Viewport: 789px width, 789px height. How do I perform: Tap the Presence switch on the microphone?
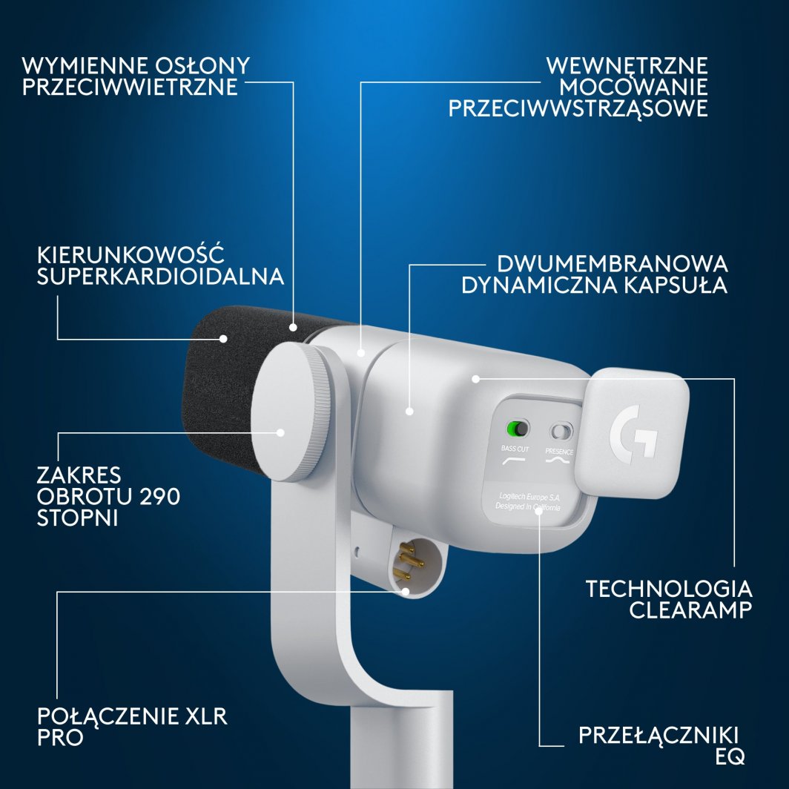pyautogui.click(x=561, y=431)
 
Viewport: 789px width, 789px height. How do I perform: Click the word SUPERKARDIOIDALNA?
pyautogui.click(x=160, y=277)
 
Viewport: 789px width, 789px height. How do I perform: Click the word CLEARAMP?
pyautogui.click(x=690, y=610)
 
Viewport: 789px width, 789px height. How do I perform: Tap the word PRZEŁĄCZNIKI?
pyautogui.click(x=658, y=736)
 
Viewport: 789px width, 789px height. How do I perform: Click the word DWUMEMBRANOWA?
pyautogui.click(x=612, y=264)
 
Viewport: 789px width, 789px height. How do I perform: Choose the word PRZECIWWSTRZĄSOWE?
pyautogui.click(x=578, y=108)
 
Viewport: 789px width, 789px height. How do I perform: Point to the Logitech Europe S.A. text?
pyautogui.click(x=529, y=495)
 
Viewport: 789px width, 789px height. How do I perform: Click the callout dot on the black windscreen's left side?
pyautogui.click(x=222, y=339)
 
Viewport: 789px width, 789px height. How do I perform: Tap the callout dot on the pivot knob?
pyautogui.click(x=281, y=432)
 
